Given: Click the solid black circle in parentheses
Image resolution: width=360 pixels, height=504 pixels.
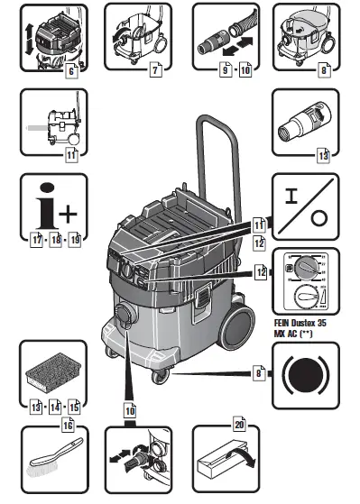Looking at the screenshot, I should (307, 371).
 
